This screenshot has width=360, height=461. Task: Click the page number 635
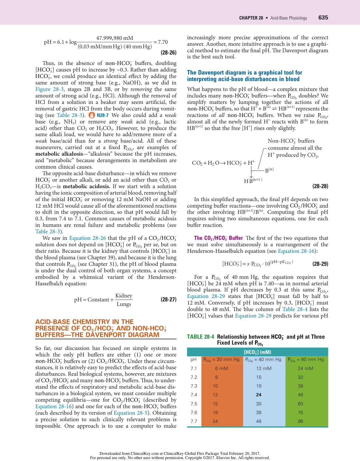323,18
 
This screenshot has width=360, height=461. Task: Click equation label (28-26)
169,53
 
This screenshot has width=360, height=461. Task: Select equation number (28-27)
168,299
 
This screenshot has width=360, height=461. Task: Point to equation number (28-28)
320,186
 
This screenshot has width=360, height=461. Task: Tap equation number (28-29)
320,264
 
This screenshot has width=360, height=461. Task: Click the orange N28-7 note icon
92,115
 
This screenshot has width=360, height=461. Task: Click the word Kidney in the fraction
124,295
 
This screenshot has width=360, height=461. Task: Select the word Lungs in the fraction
124,304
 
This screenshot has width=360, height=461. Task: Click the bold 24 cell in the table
259,395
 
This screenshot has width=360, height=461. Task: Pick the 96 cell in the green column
300,421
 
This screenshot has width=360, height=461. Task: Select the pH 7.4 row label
194,395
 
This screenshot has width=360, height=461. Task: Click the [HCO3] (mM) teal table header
257,352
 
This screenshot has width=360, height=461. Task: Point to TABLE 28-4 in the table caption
200,337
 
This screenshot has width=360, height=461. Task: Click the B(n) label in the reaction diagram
269,170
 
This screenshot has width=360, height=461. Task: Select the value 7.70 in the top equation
163,42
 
